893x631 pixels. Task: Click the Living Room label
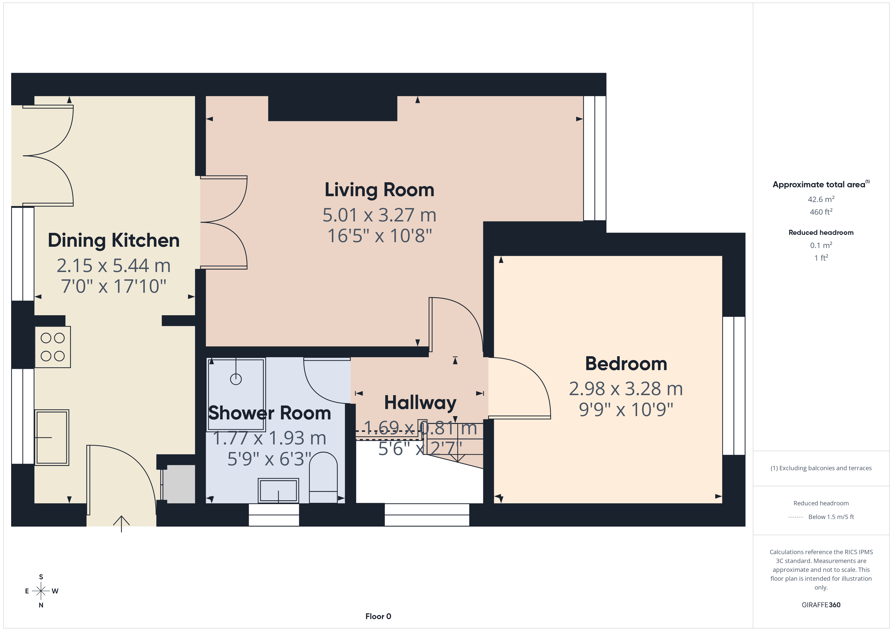(379, 190)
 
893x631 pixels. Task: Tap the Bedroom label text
(626, 364)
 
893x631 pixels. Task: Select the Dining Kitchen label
(114, 240)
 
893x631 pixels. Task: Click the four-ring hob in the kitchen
(52, 347)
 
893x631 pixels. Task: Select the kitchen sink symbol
(52, 438)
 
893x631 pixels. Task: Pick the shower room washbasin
(278, 491)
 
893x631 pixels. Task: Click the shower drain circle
(236, 379)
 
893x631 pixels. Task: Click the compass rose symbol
(41, 591)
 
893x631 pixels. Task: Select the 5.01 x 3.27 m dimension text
(379, 215)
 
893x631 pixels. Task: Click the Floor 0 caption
(378, 617)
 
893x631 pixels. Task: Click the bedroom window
(734, 386)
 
